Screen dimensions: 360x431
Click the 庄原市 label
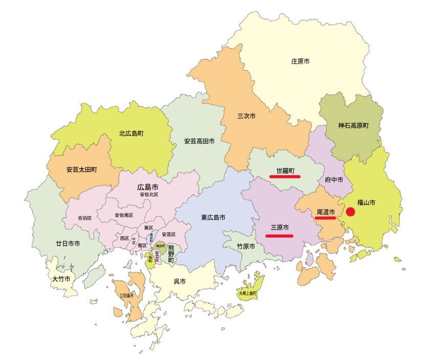point(300,61)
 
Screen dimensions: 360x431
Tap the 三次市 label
point(246,116)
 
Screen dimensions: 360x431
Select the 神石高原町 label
point(353,125)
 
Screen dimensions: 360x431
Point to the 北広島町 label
point(132,134)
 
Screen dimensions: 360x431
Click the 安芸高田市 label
point(199,140)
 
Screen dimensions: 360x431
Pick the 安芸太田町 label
point(82,169)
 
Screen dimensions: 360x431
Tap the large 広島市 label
point(147,187)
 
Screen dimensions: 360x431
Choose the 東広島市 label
point(213,217)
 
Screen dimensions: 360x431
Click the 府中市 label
point(334,180)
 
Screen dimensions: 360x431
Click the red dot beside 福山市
point(351,211)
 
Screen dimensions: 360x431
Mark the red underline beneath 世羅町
point(285,177)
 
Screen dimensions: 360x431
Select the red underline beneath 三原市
point(279,236)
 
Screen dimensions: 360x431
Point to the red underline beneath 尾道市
point(326,218)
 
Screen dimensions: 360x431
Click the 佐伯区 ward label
point(85,218)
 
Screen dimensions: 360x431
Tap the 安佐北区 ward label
point(149,195)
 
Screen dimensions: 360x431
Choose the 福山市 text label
point(367,203)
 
